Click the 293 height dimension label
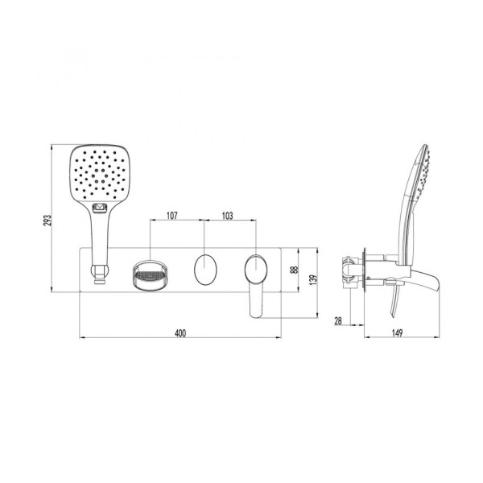(x=47, y=221)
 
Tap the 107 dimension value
(x=172, y=216)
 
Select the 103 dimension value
(x=227, y=216)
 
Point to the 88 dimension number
(x=295, y=270)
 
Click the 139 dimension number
(x=313, y=279)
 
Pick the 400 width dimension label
(x=180, y=333)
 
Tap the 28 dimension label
(x=338, y=321)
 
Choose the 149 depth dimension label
(x=397, y=333)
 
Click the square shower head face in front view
(x=99, y=173)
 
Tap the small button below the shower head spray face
(x=99, y=208)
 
